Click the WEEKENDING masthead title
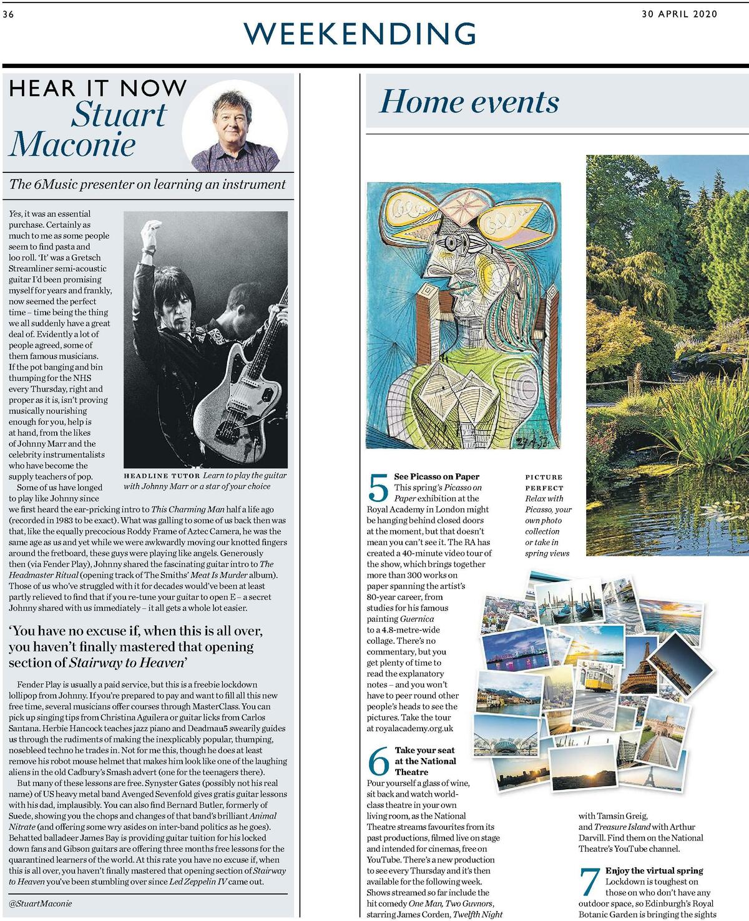(361, 33)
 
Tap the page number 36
(8, 14)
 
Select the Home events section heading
(469, 102)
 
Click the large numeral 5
(378, 488)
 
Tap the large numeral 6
(378, 761)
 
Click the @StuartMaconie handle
(40, 903)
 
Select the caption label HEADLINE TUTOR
(162, 475)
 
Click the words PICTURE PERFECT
(544, 482)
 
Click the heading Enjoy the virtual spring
(654, 870)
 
